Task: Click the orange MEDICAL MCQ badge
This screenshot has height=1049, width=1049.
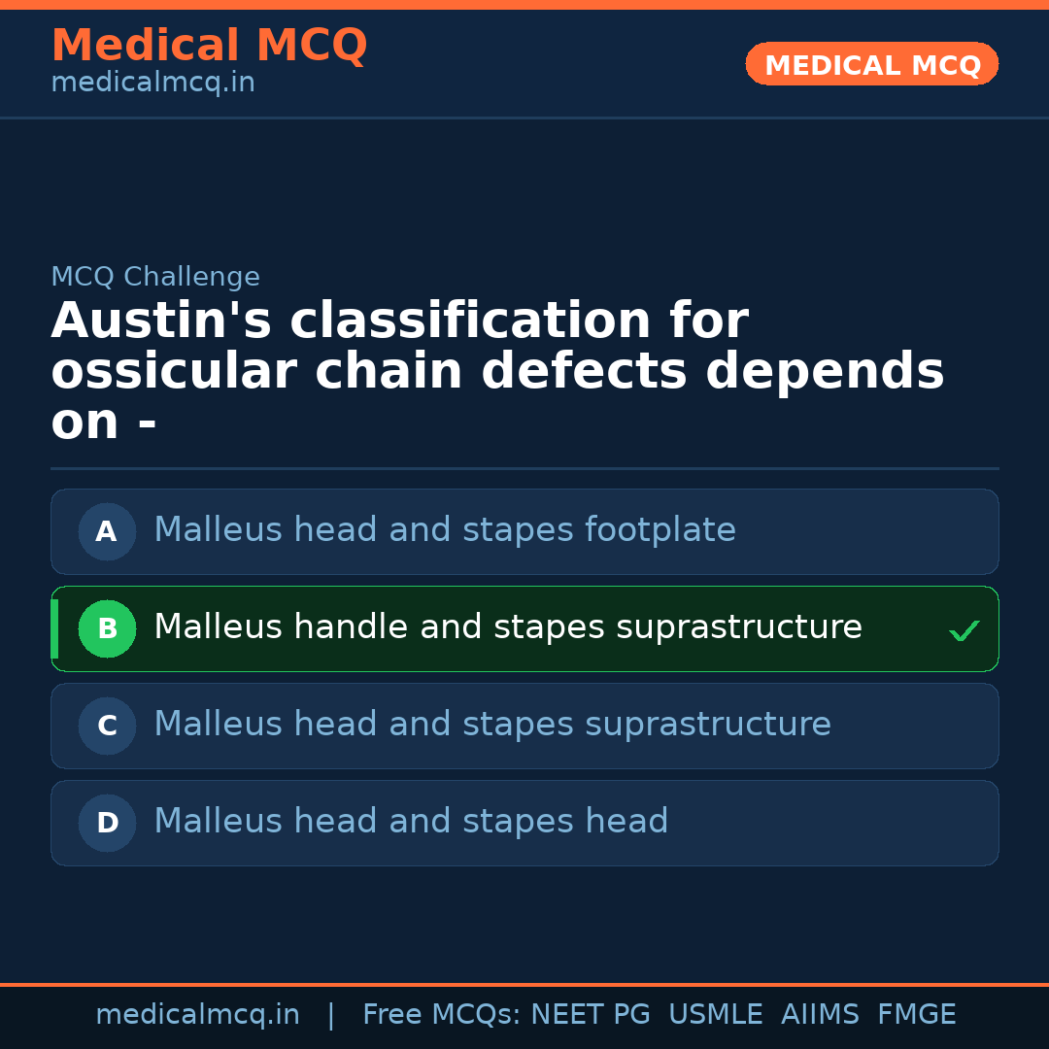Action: pos(871,64)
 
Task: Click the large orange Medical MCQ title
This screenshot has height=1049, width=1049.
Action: pos(209,46)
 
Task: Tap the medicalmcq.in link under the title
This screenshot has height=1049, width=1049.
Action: pos(152,84)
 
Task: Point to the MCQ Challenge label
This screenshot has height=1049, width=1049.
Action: pos(155,277)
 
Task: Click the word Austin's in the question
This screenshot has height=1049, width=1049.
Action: pos(161,321)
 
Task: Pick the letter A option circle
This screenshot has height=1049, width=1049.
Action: pos(107,531)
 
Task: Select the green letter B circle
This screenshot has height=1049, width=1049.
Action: pos(107,628)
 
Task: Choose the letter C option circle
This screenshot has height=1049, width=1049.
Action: pos(107,726)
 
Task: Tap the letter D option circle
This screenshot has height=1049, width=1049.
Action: pos(107,823)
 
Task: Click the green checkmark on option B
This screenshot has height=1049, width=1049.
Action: pos(964,631)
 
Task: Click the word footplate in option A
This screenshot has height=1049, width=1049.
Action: pos(660,530)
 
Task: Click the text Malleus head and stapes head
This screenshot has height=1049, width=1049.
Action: pos(411,822)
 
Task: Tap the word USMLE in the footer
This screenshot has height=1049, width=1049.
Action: pos(715,1015)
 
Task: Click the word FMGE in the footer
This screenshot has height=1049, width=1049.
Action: pos(916,1015)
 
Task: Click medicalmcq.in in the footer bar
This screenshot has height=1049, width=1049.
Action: pos(197,1015)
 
